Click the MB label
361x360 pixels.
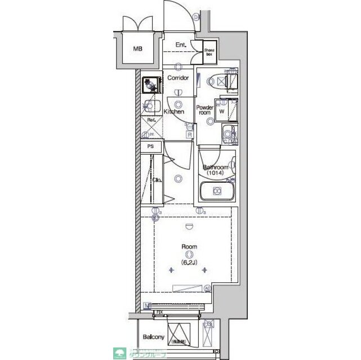click(x=138, y=49)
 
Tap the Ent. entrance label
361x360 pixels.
click(x=181, y=45)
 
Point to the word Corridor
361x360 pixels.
click(x=178, y=78)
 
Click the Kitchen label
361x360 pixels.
click(x=174, y=111)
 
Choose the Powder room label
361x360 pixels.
click(x=204, y=110)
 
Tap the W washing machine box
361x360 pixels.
click(x=222, y=110)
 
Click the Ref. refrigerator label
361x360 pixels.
click(x=151, y=120)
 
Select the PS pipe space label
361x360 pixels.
click(x=150, y=146)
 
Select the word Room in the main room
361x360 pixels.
click(x=189, y=246)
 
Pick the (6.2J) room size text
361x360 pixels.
click(x=189, y=262)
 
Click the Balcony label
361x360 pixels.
click(x=153, y=337)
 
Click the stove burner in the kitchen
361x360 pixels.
click(x=151, y=84)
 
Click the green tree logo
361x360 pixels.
click(x=122, y=352)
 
